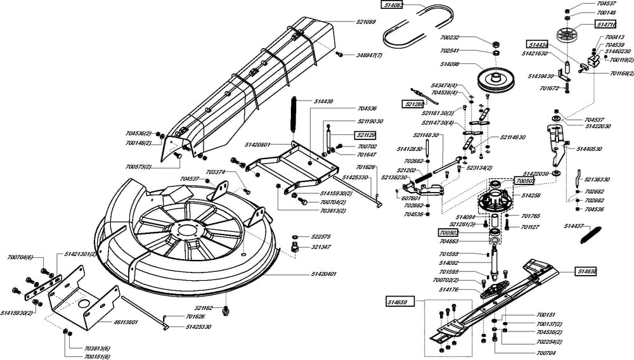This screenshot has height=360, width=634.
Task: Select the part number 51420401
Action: click(x=323, y=274)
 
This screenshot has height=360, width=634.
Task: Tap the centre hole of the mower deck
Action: click(x=184, y=229)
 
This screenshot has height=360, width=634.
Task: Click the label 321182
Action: click(x=203, y=308)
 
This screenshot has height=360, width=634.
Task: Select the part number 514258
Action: click(x=531, y=196)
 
